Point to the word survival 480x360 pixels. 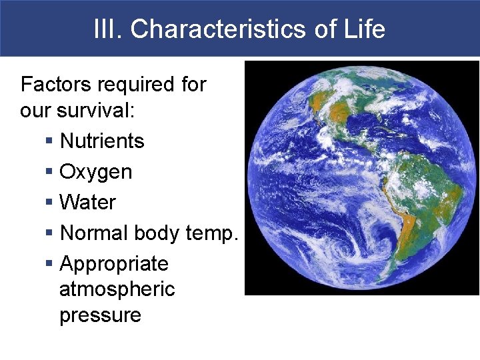coord(97,111)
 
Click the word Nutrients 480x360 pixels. coord(102,141)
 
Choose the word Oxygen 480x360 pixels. coord(96,172)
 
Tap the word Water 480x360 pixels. coord(88,203)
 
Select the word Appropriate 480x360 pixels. coord(114,265)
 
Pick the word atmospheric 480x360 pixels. coord(117,289)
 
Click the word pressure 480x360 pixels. coord(100,315)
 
